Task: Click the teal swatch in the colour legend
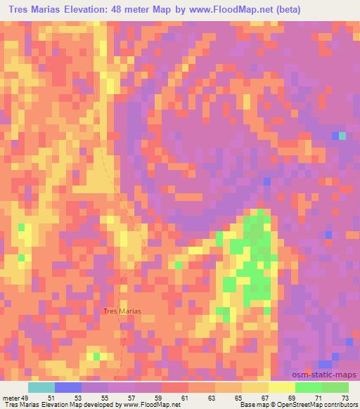tap(41, 387)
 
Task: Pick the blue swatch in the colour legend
tap(68, 387)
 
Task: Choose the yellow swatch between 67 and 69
tap(282, 387)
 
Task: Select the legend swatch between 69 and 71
tap(309, 387)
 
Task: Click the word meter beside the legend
tap(12, 398)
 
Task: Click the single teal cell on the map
tap(342, 136)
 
